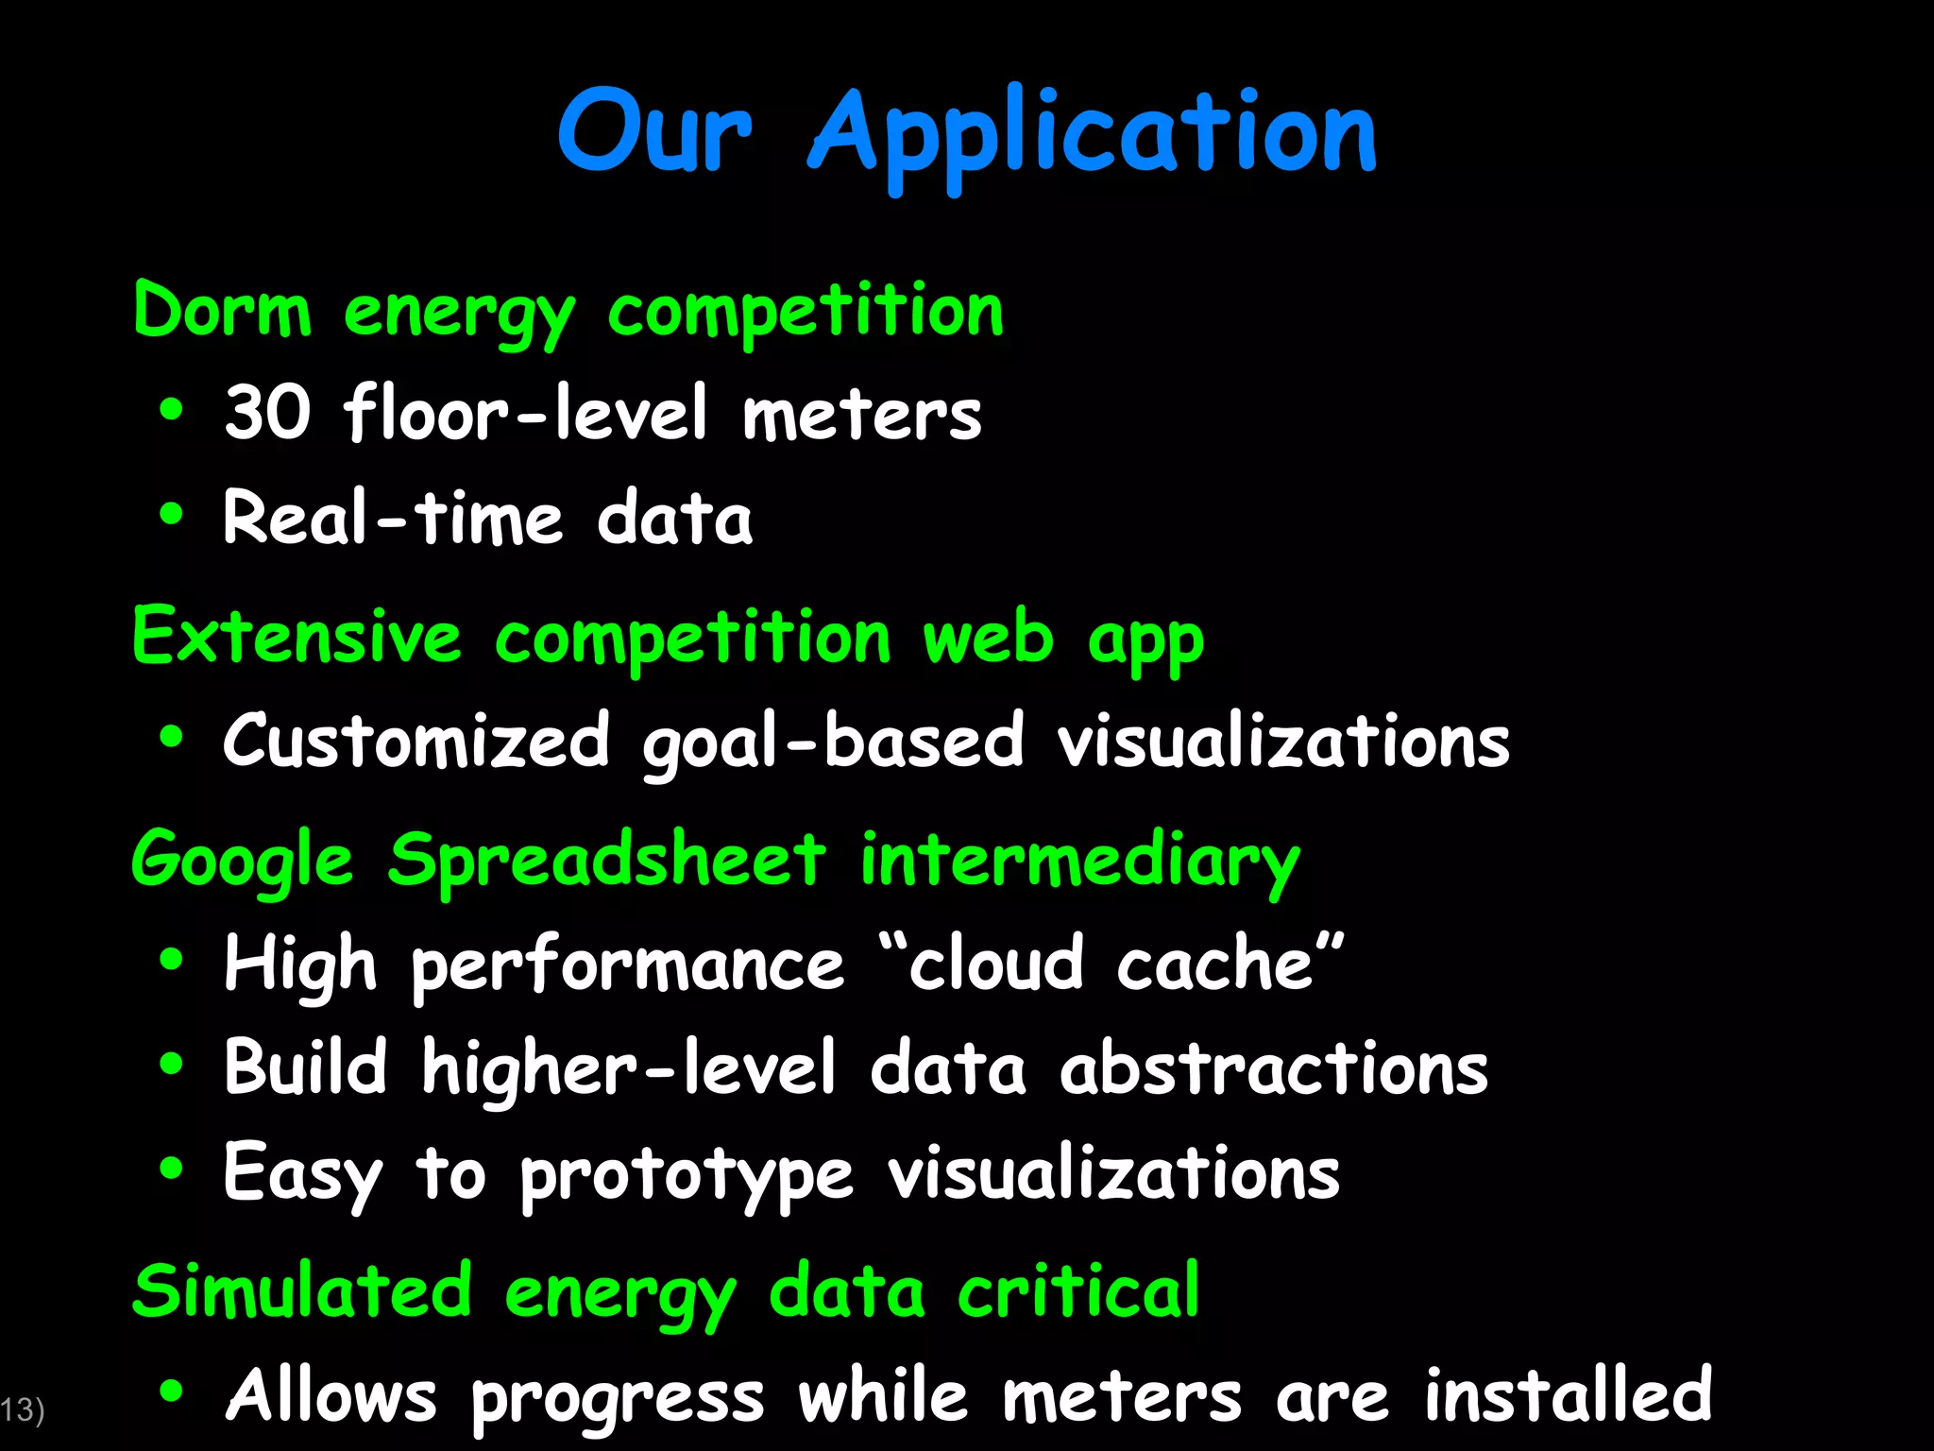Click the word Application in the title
(x=1093, y=132)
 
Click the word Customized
(x=416, y=741)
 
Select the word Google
(x=243, y=861)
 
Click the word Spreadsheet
(x=606, y=861)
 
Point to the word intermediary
(x=1079, y=861)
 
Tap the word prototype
(x=687, y=1175)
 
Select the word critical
(x=1078, y=1290)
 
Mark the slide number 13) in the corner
(x=22, y=1409)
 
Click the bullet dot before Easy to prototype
(x=171, y=1169)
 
